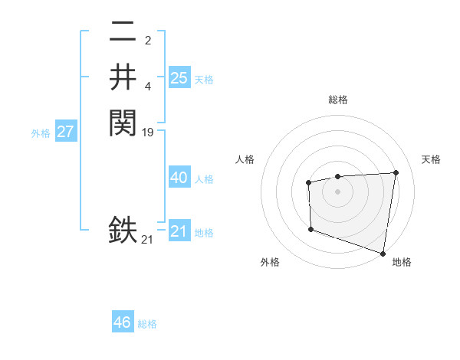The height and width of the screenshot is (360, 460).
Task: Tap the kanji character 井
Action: [x=123, y=77]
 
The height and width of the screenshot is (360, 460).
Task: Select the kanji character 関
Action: [x=123, y=121]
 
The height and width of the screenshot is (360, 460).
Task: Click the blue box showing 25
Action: [x=179, y=77]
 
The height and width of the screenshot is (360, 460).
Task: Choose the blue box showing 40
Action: [x=179, y=178]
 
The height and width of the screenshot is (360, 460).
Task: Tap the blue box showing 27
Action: [x=66, y=132]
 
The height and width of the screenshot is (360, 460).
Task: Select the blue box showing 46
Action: [x=123, y=322]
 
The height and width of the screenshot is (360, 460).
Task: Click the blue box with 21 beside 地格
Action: [x=179, y=231]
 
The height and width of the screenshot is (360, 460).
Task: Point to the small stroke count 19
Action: [x=149, y=133]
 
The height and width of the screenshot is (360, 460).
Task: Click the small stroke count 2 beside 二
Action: [x=149, y=40]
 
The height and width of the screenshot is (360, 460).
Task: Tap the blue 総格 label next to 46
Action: [x=147, y=324]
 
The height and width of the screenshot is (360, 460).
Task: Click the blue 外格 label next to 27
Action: [x=41, y=133]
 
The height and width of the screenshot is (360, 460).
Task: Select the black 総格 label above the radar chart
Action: [x=338, y=100]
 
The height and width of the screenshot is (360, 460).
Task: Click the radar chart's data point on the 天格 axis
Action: [x=396, y=172]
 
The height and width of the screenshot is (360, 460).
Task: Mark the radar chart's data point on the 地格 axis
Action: [x=383, y=253]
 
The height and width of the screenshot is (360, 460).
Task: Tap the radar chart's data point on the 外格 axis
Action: [x=310, y=229]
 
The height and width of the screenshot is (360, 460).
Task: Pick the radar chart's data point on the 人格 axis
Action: [x=307, y=182]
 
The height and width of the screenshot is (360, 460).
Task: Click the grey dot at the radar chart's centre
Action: [x=338, y=191]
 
